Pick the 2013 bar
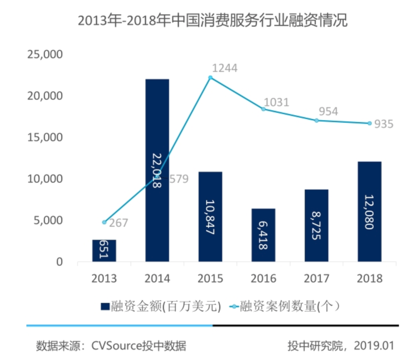[104, 251]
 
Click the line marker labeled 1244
[211, 77]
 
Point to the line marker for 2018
[369, 123]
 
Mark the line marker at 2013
[104, 222]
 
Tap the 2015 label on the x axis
[210, 278]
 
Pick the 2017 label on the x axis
[316, 278]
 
